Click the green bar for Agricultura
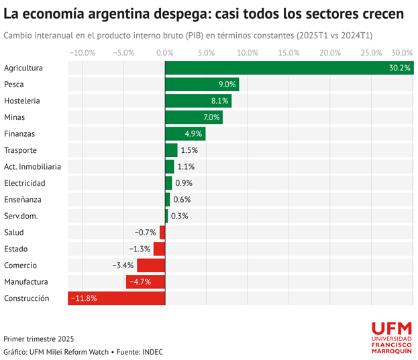pyautogui.click(x=289, y=68)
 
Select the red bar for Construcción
pyautogui.click(x=117, y=298)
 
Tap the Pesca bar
pyautogui.click(x=202, y=84)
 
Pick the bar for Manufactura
pyautogui.click(x=145, y=282)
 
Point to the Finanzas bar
pyautogui.click(x=185, y=133)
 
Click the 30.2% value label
pyautogui.click(x=400, y=68)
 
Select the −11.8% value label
pyautogui.click(x=85, y=298)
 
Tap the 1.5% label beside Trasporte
pyautogui.click(x=189, y=150)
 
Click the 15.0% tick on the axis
pyautogui.click(x=289, y=52)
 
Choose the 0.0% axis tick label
pyautogui.click(x=165, y=52)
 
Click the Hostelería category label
pyautogui.click(x=22, y=101)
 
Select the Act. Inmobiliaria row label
pyautogui.click(x=32, y=166)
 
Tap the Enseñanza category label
pyautogui.click(x=22, y=199)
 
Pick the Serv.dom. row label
pyautogui.click(x=21, y=216)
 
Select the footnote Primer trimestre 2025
pyautogui.click(x=39, y=339)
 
